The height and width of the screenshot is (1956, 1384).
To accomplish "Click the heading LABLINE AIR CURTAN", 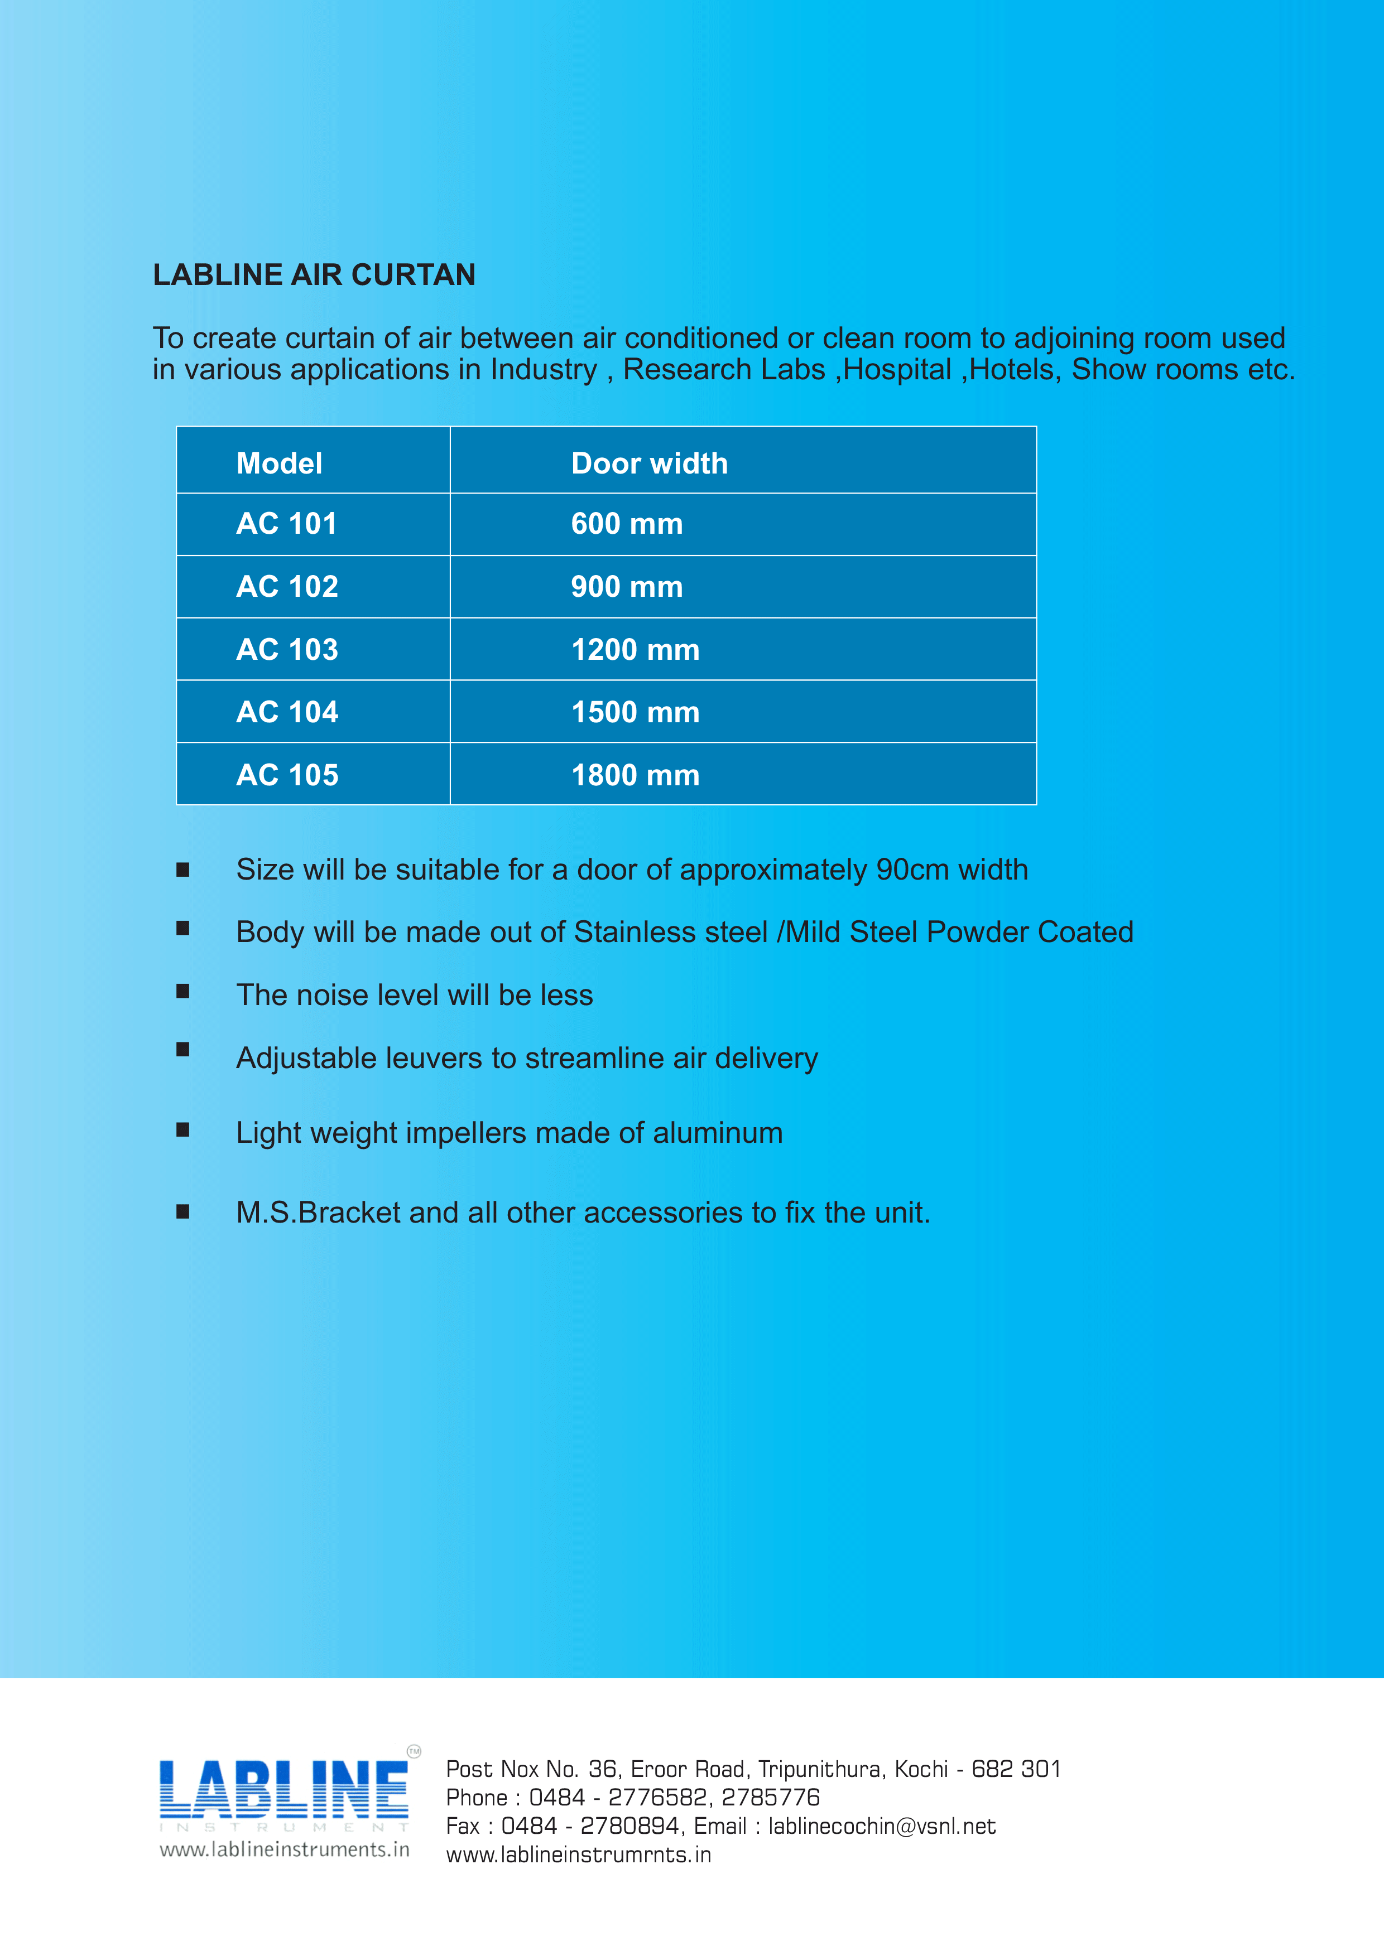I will pyautogui.click(x=314, y=274).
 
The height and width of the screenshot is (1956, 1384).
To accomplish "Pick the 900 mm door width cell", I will pyautogui.click(x=626, y=586).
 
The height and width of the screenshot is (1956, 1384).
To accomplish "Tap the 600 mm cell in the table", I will pyautogui.click(x=626, y=523).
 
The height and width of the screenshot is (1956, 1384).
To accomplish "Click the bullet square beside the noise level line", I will pyautogui.click(x=182, y=991).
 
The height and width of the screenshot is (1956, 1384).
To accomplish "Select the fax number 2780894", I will pyautogui.click(x=630, y=1827).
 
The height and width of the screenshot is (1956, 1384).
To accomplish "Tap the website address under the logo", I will pyautogui.click(x=284, y=1849).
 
